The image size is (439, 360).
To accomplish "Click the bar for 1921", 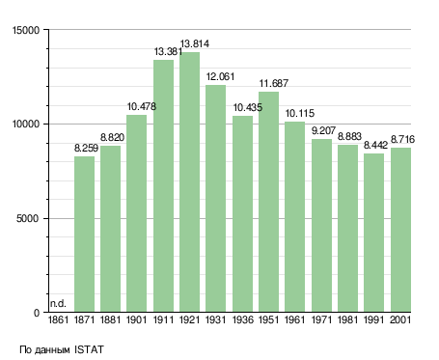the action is point(189,182).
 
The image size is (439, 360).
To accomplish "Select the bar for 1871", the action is point(84,235).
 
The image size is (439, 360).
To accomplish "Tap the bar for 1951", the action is point(268,202).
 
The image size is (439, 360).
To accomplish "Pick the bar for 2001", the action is point(400,230).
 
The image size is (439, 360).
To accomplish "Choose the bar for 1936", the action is point(242,214).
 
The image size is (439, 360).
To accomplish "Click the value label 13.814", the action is point(195,43).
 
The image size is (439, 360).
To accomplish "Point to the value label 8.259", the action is point(86,148).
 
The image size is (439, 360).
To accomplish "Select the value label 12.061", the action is point(220,76).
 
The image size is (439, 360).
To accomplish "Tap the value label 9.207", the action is point(323,130).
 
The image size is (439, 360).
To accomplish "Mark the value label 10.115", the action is point(300,113).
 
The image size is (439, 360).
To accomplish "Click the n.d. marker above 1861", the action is point(58,303).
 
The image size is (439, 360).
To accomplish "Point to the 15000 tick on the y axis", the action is point(26,30).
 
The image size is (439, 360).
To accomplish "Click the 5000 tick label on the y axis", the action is point(28,218).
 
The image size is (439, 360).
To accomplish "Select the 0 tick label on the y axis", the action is point(37,313).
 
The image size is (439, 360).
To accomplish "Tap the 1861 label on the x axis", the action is point(58,319).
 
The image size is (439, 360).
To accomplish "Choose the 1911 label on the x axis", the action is point(163,319).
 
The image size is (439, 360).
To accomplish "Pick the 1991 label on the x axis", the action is point(374,319).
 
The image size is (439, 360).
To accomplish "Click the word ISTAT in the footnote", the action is point(89,349).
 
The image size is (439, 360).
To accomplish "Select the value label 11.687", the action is point(274,83).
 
